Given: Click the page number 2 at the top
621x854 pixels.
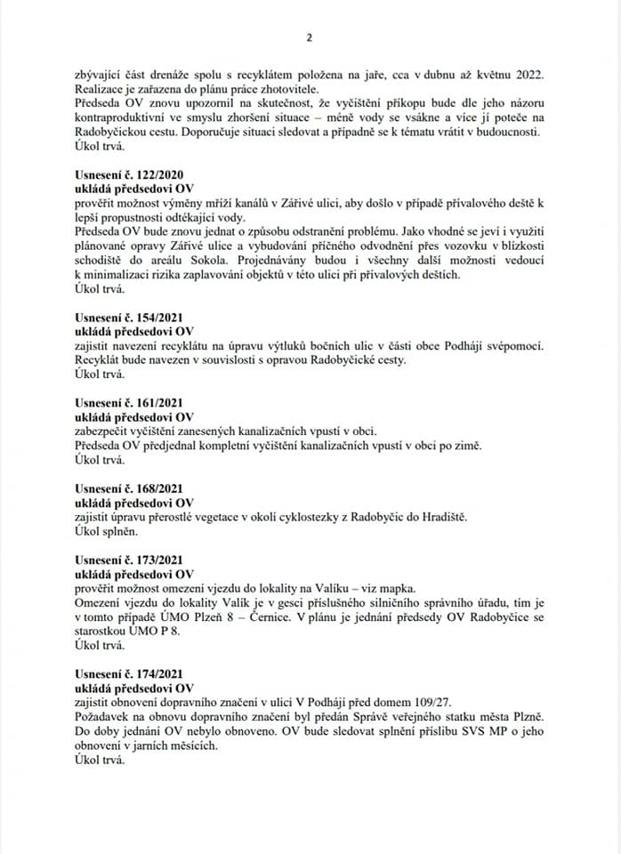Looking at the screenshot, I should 309,37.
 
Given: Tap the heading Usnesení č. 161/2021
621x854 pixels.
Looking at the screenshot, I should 126,403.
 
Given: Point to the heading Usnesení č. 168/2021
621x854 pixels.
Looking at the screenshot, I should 126,487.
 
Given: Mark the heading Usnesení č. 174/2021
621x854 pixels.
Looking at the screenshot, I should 126,674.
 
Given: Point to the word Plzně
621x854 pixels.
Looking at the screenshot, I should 527,717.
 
